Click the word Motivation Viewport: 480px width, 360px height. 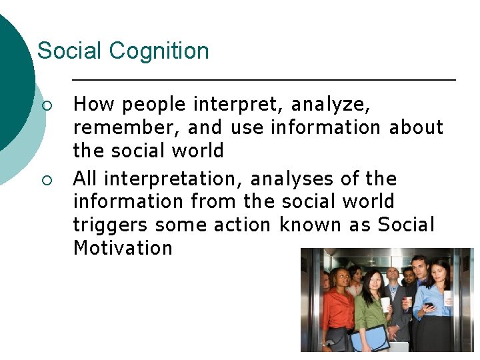coord(123,248)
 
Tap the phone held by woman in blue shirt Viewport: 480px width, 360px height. coord(429,305)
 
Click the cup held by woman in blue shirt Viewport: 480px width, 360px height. coord(448,296)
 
